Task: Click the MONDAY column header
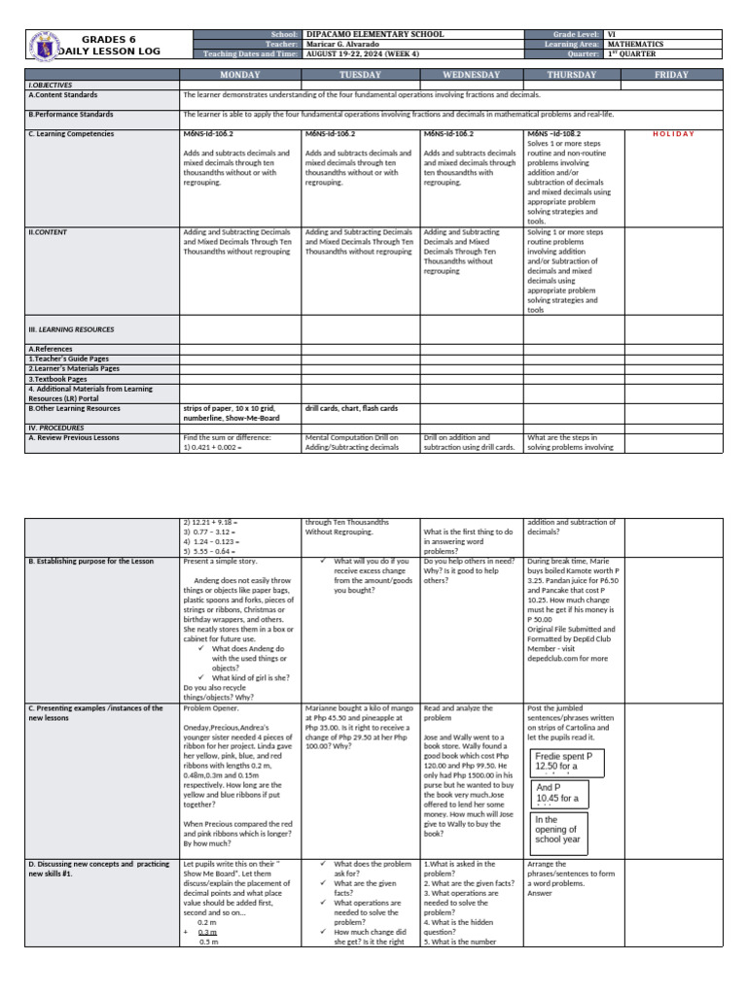239,75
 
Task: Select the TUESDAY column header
360,75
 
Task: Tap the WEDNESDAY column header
471,75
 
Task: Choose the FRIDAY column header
672,75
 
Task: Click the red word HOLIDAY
673,134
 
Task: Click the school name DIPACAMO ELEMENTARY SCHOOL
374,34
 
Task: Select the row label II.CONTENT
49,232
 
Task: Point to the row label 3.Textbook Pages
58,379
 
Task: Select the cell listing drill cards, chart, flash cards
350,408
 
